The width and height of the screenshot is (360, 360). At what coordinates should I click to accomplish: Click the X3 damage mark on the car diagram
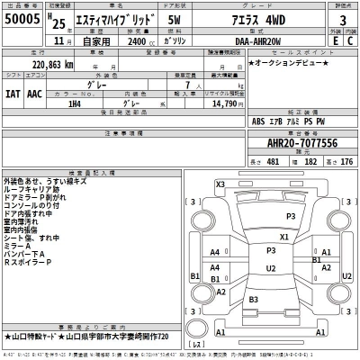(x=220, y=184)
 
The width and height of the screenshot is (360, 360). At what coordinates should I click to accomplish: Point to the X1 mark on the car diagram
(x=283, y=237)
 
